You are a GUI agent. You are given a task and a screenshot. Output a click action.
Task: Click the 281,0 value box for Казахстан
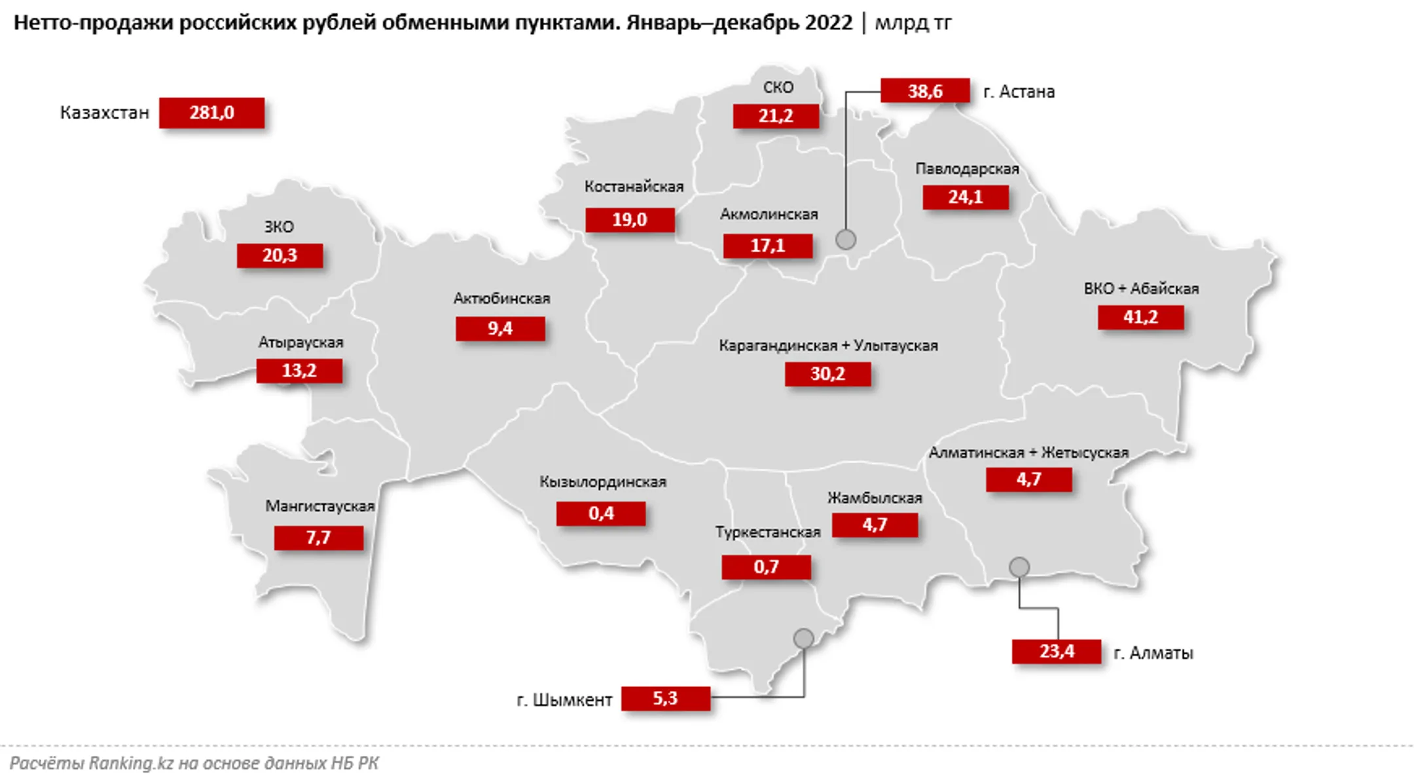[x=211, y=113]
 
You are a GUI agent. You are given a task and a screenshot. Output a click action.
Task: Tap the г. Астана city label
[x=1019, y=92]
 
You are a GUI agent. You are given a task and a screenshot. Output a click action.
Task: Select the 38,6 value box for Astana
[x=924, y=90]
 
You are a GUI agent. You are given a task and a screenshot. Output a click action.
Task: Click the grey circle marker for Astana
[x=846, y=240]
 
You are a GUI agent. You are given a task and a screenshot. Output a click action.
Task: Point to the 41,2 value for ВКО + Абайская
[x=1140, y=318]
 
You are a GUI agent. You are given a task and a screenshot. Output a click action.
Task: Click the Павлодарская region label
[x=967, y=169]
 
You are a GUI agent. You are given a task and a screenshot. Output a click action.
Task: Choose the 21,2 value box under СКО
[x=776, y=117]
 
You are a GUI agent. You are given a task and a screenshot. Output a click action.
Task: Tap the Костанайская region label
[x=634, y=187]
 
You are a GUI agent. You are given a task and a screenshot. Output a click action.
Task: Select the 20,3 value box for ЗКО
[x=280, y=255]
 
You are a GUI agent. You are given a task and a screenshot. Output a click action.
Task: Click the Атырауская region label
[x=300, y=343]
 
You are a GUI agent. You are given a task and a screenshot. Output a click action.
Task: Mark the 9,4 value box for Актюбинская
[x=500, y=329]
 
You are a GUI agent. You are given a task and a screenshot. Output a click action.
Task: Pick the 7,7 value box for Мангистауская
[x=318, y=538]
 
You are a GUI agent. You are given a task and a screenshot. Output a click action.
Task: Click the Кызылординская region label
[x=602, y=482]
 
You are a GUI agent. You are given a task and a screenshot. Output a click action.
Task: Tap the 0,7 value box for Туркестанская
[x=766, y=567]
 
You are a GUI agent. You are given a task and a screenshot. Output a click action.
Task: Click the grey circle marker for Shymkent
[x=803, y=638]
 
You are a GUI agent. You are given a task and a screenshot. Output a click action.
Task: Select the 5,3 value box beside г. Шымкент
[x=665, y=699]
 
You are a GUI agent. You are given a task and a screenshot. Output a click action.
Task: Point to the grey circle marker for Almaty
[x=1019, y=567]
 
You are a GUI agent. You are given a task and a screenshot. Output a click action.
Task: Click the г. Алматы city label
[x=1153, y=653]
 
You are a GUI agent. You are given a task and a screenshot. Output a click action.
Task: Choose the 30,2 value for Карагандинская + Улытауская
[x=827, y=374]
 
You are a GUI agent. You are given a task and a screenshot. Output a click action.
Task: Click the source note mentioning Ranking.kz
[x=194, y=764]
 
